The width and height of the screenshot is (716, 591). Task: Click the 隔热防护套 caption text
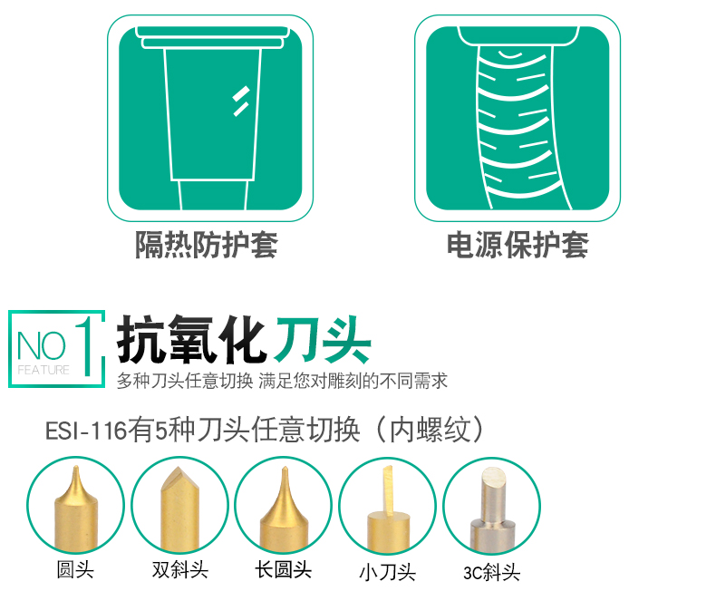point(207,245)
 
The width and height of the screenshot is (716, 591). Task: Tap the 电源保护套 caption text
point(518,245)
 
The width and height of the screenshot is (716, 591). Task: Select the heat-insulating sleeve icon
point(210,119)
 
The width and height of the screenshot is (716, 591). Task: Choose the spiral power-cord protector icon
point(518,119)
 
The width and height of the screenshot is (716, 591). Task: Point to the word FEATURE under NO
point(44,370)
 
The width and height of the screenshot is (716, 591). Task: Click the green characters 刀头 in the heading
point(323,339)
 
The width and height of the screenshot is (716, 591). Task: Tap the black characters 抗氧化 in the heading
point(192,339)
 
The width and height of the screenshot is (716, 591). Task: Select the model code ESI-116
point(86,431)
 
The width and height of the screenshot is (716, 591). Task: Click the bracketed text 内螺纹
point(430,430)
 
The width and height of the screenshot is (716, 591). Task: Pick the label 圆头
point(75,569)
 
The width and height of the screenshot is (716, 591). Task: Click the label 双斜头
point(180,569)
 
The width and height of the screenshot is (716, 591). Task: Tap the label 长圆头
point(283,569)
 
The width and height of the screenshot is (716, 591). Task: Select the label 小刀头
point(387,572)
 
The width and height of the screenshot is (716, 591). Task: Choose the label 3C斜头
point(491,572)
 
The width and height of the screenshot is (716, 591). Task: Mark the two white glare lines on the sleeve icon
point(241,101)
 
